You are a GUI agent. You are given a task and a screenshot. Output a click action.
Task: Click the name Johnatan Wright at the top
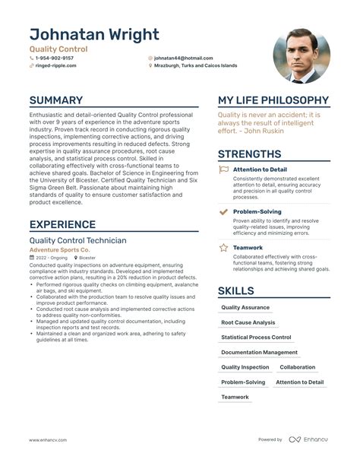pyautogui.click(x=94, y=35)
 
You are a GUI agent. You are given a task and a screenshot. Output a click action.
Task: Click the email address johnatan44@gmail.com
pyautogui.click(x=183, y=58)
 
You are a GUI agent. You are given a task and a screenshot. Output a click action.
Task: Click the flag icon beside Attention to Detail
pyautogui.click(x=223, y=170)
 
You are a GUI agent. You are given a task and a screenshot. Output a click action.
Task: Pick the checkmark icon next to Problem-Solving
pyautogui.click(x=223, y=211)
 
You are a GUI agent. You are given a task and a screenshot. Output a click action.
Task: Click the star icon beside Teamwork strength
pyautogui.click(x=223, y=247)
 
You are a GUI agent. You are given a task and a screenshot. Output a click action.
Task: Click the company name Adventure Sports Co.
pyautogui.click(x=59, y=250)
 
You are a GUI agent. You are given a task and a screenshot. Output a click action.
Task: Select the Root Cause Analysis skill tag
pyautogui.click(x=248, y=322)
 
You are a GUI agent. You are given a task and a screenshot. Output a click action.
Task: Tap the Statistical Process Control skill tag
pyautogui.click(x=256, y=337)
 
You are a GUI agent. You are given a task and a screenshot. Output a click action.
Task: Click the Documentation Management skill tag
pyautogui.click(x=259, y=352)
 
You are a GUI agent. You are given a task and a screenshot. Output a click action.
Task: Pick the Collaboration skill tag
pyautogui.click(x=297, y=367)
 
